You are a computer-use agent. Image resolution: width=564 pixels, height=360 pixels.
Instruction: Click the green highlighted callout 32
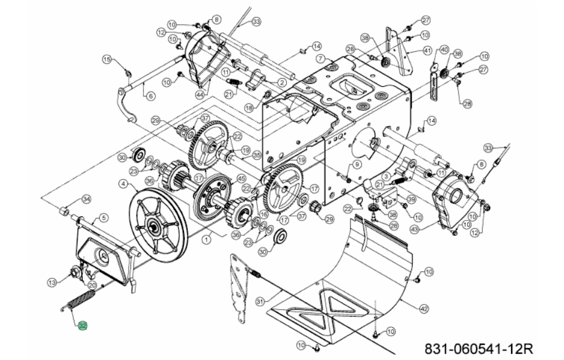(x=83, y=326)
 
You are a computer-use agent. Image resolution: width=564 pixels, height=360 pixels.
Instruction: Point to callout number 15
(x=107, y=59)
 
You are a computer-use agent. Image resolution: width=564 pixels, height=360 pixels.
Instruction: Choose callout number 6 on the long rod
(x=151, y=95)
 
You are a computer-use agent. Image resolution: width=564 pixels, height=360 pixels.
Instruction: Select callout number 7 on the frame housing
(x=320, y=58)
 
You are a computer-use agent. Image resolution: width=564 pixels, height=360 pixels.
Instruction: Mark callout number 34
(x=86, y=199)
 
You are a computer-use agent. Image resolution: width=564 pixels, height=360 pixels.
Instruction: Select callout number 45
(x=241, y=177)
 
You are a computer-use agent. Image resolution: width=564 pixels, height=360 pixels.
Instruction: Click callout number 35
(x=257, y=154)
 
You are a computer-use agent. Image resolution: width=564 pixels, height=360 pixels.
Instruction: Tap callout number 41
(x=428, y=51)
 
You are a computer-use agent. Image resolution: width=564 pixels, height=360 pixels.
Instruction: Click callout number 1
(x=205, y=239)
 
